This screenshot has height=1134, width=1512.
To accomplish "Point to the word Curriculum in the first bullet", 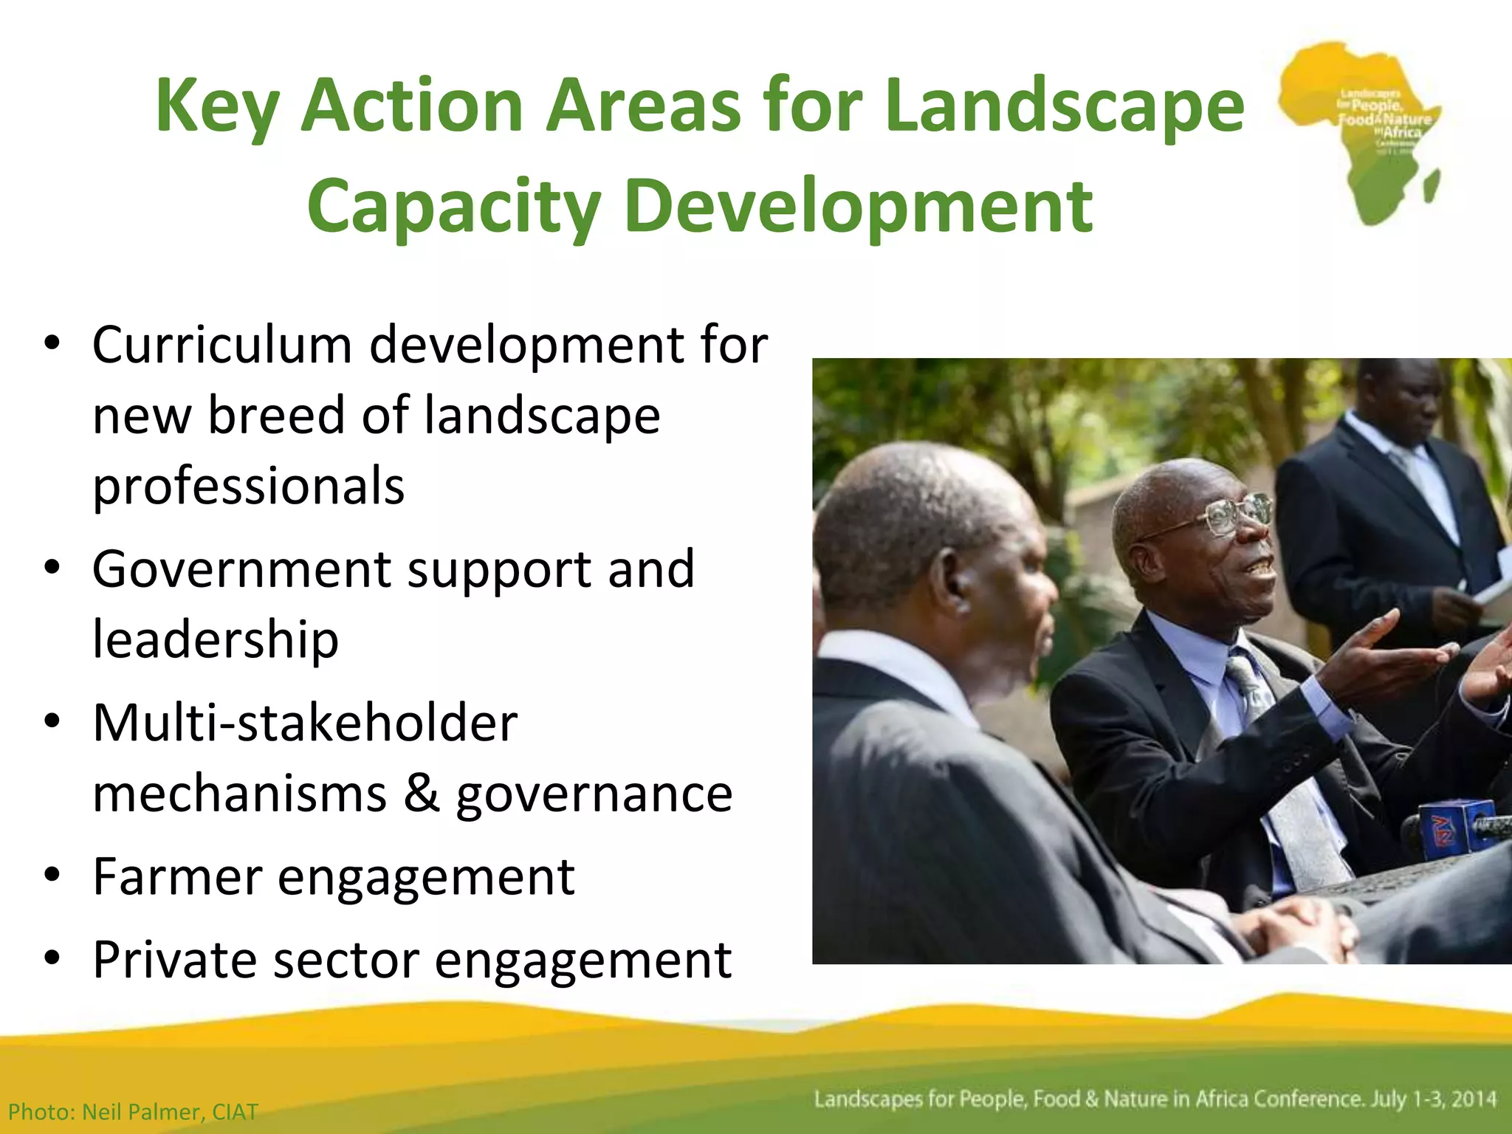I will [x=222, y=346].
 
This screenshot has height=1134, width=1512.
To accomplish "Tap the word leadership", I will [x=215, y=639].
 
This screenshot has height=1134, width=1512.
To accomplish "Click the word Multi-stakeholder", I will [x=304, y=724].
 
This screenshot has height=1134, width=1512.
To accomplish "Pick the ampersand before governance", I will [x=422, y=794].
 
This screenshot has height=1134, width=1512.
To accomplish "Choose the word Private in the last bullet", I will [x=175, y=960].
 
